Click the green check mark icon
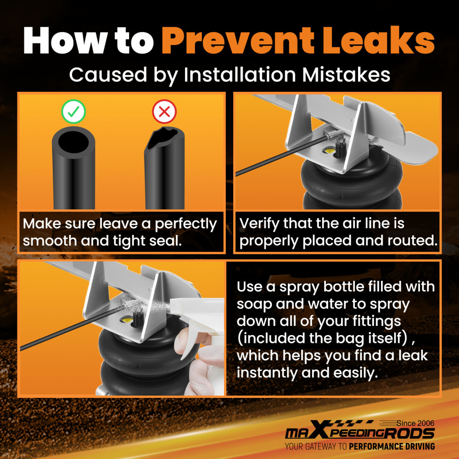pyautogui.click(x=73, y=111)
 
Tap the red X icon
pyautogui.click(x=164, y=111)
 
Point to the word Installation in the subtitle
pyautogui.click(x=240, y=75)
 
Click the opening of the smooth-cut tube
pyautogui.click(x=73, y=141)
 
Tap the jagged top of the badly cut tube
pyautogui.click(x=164, y=136)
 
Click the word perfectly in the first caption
pyautogui.click(x=185, y=225)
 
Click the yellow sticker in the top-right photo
pyautogui.click(x=329, y=151)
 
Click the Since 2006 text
pyautogui.click(x=415, y=423)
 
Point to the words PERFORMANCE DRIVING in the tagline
pyautogui.click(x=392, y=447)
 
